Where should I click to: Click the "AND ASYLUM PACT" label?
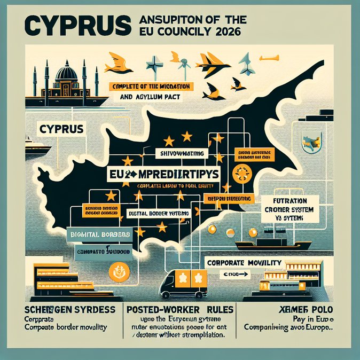pos(151,98)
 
